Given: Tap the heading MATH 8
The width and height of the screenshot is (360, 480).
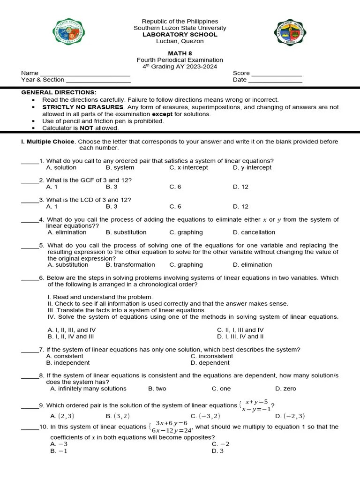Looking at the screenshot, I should (x=180, y=53).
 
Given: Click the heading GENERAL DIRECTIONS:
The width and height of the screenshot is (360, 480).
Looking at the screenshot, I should (x=59, y=92).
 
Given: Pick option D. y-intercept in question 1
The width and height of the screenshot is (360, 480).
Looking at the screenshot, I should (x=252, y=167).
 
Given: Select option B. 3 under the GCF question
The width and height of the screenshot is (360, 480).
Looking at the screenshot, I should (x=112, y=187).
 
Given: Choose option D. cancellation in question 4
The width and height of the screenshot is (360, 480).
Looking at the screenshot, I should (x=254, y=232).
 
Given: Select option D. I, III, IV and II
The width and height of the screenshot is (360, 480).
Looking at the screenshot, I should (x=240, y=336).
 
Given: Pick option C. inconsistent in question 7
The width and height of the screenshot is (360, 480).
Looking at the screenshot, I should (x=211, y=356).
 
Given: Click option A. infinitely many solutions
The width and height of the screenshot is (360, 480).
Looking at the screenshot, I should (x=88, y=388).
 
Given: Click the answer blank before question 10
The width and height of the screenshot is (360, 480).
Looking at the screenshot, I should (x=30, y=427).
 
